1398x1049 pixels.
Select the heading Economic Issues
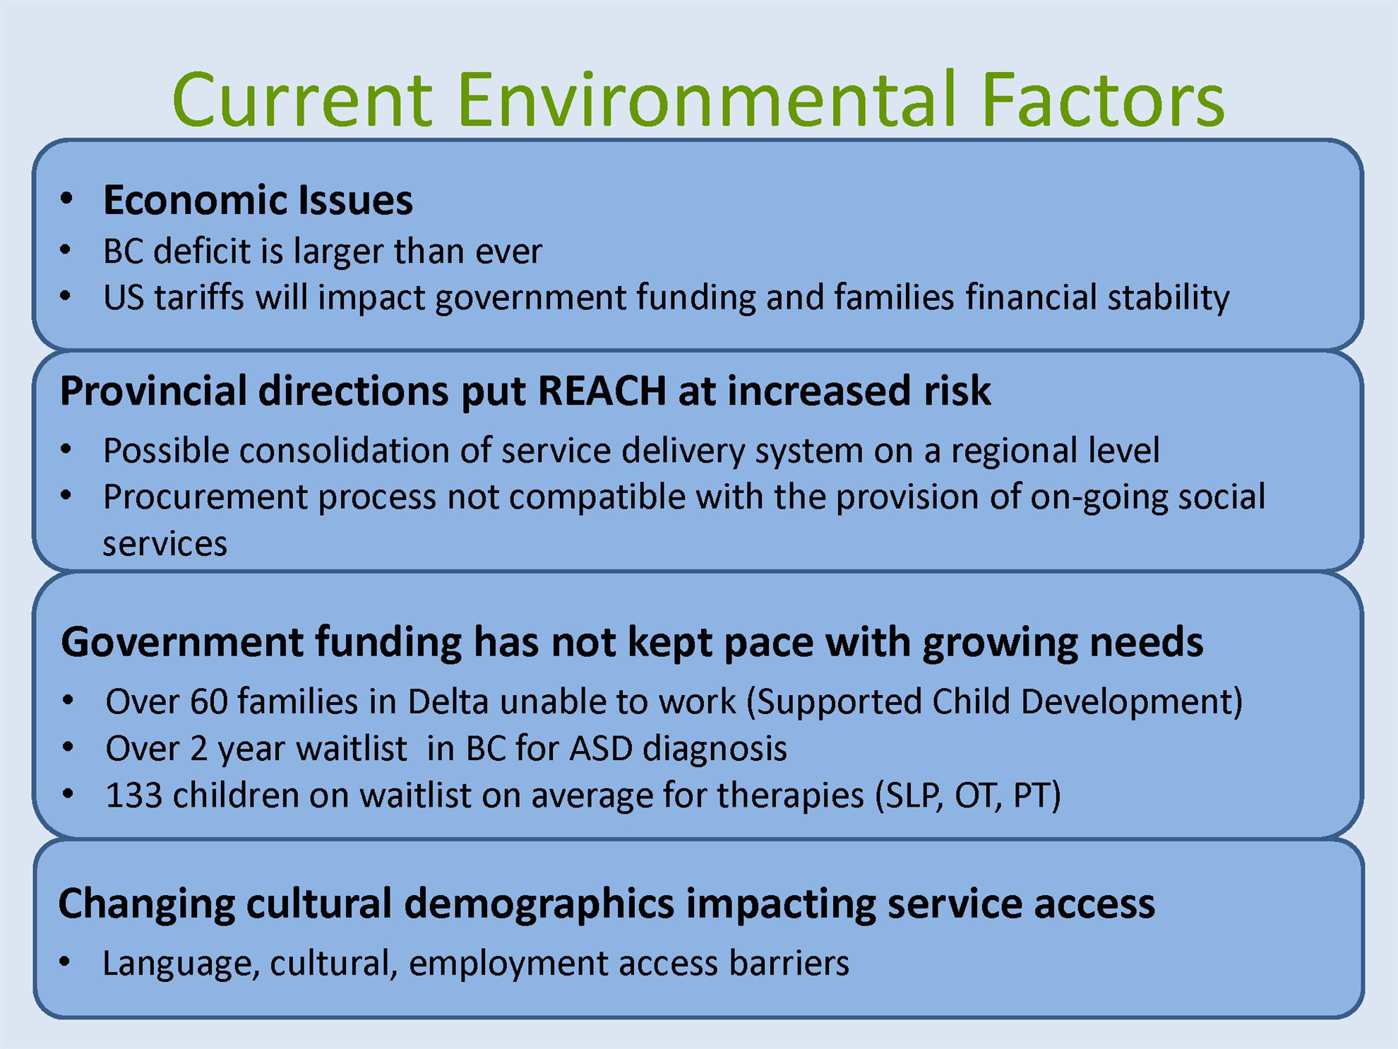[x=258, y=200]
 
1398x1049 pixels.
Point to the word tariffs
[x=199, y=297]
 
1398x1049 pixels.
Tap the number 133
[x=133, y=795]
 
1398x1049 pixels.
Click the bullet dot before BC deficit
[x=66, y=250]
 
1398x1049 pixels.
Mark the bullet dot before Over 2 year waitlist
[x=68, y=747]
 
